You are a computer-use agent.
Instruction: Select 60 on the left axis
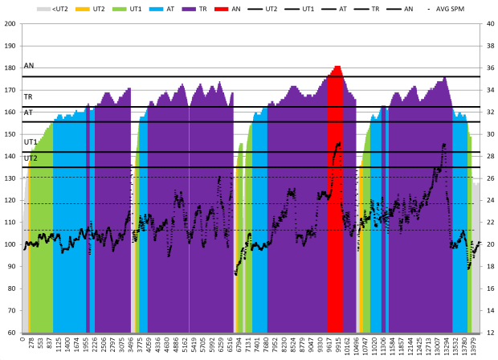11,333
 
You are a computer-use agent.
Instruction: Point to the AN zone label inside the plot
29,66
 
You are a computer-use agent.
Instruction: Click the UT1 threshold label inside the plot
31,142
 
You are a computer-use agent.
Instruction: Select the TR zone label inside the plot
28,96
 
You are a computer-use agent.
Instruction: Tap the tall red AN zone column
335,201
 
